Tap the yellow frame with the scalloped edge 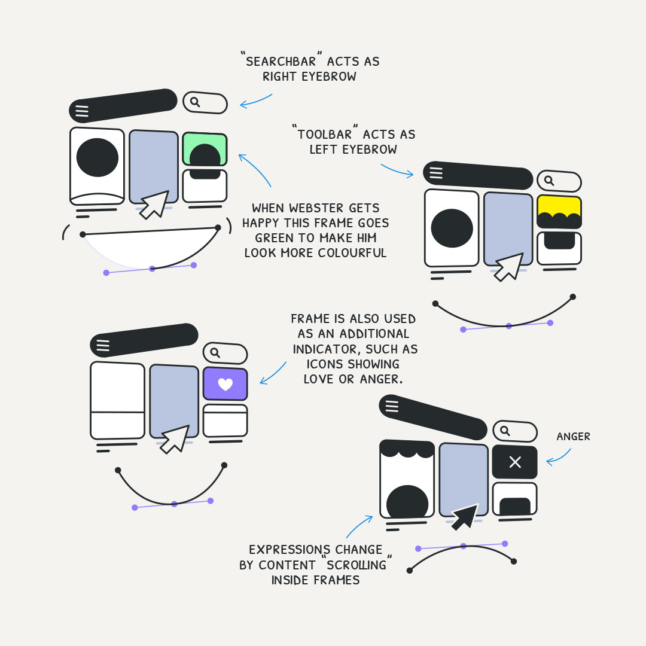559,206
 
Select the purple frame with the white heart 225,383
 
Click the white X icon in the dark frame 514,462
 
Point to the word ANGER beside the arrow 573,437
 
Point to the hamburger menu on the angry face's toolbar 392,406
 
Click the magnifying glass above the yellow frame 549,180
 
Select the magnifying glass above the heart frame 215,352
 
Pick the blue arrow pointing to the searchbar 256,102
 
